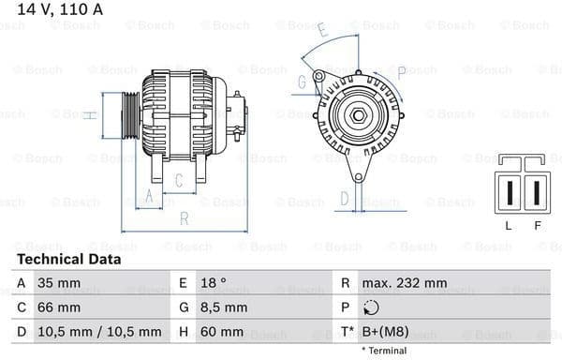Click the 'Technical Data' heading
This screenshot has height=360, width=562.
68,259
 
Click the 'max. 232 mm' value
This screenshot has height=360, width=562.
407,282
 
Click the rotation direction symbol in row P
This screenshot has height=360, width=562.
371,307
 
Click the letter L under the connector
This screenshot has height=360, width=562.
508,225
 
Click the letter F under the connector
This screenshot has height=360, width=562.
537,225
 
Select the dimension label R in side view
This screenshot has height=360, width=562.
184,219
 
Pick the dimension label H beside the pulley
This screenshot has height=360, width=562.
86,115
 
